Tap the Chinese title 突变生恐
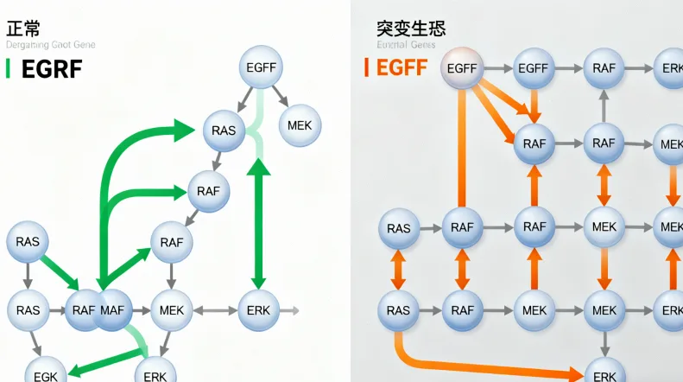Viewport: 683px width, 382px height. point(411,28)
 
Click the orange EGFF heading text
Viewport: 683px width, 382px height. point(402,67)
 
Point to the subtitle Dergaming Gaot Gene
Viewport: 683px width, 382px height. point(51,45)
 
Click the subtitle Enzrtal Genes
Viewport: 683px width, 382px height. point(406,44)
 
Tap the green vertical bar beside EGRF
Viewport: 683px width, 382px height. point(8,68)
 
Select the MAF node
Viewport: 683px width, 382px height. point(113,309)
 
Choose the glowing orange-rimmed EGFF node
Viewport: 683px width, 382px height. point(463,67)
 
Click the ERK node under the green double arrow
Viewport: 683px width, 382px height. point(257,309)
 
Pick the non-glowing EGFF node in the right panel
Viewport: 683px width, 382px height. point(534,67)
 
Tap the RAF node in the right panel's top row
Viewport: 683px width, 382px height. point(604,67)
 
